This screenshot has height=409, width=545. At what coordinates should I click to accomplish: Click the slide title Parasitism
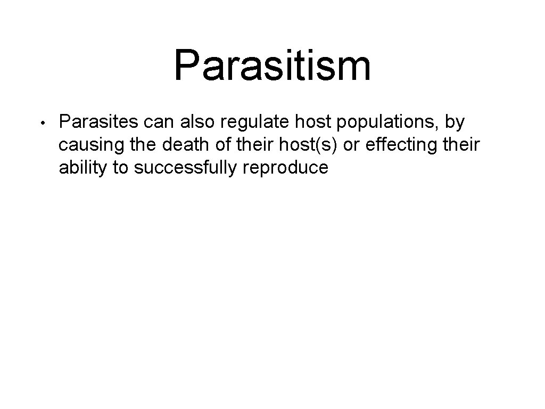[272, 65]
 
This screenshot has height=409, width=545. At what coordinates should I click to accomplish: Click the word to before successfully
[120, 168]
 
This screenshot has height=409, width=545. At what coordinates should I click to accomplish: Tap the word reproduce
[285, 169]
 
